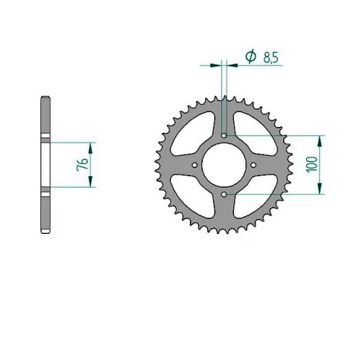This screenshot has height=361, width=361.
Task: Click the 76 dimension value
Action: [x=82, y=165]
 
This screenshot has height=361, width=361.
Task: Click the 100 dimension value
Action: [x=312, y=165]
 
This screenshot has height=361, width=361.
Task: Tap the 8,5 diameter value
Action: [x=271, y=58]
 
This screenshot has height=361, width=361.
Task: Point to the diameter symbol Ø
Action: [x=251, y=56]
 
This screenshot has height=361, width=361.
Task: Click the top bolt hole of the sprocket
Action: [x=225, y=136]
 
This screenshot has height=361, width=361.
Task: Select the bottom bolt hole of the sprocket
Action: [x=225, y=194]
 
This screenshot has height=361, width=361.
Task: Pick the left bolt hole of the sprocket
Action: [x=195, y=165]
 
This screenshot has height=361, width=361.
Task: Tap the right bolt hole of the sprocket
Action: [x=253, y=165]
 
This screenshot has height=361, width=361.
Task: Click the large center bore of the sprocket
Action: [x=224, y=165]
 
